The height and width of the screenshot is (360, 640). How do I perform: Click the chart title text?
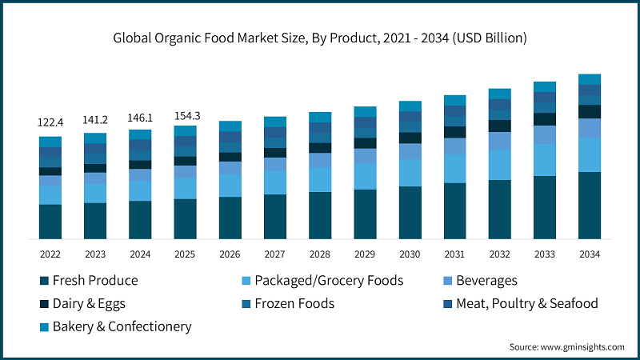(320, 38)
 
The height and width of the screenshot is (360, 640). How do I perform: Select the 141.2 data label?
(95, 120)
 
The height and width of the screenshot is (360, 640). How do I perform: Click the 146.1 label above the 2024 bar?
(140, 117)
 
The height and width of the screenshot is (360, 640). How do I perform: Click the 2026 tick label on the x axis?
(230, 254)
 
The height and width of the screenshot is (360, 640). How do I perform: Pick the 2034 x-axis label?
(590, 254)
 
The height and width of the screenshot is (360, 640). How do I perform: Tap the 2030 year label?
(410, 254)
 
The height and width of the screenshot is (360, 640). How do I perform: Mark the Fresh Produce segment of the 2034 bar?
(590, 205)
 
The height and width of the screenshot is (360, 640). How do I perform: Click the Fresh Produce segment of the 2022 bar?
(50, 222)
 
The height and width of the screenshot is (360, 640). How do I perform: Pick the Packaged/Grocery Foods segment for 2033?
(545, 160)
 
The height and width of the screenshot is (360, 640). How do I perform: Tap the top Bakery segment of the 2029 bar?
(365, 112)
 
